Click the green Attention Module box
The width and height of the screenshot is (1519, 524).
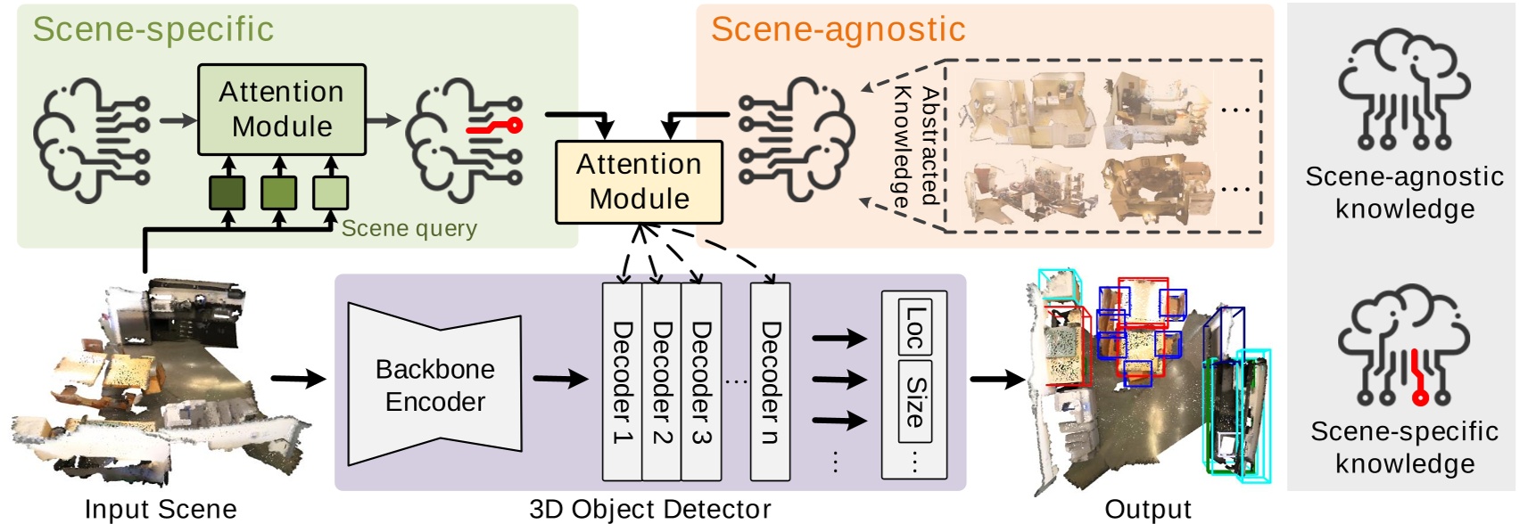coord(281,109)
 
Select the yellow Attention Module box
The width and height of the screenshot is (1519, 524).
coord(639,182)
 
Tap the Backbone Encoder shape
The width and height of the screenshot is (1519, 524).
coord(434,384)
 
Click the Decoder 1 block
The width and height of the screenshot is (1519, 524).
coord(622,381)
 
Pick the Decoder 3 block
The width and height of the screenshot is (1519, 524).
coord(701,381)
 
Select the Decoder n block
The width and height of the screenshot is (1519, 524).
coord(770,381)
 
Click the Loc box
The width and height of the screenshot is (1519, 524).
coord(914,329)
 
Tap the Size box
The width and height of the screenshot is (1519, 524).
coord(914,401)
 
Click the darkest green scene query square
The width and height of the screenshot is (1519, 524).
coord(227,192)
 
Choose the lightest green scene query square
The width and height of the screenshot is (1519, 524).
coord(330,192)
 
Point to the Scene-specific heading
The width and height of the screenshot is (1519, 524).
coord(153,29)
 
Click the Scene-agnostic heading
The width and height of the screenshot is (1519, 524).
coord(838,29)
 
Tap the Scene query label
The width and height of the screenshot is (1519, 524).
coord(409,229)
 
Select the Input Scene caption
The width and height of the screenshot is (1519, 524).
coord(161,509)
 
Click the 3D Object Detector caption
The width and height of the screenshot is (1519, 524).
coord(649,509)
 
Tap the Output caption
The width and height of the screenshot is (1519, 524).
coord(1147,509)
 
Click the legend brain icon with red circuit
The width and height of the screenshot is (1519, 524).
coord(1405,348)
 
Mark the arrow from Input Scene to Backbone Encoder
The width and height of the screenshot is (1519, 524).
coord(298,379)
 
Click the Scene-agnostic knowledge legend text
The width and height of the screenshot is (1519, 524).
coord(1404,192)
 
